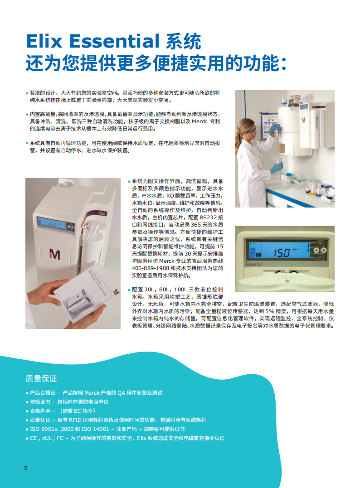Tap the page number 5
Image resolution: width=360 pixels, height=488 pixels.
point(25,468)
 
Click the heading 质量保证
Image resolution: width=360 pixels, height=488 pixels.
point(41,379)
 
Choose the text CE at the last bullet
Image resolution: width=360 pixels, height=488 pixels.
point(33,438)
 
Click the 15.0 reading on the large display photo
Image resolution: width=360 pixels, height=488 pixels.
point(282,253)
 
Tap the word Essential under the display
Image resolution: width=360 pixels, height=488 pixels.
point(254,265)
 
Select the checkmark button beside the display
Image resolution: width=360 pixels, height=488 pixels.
point(320,257)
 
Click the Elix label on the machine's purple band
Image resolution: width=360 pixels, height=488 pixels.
point(102,213)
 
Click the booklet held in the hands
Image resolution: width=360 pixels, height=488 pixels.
point(87,294)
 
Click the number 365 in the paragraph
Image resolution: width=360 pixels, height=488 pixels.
point(196,225)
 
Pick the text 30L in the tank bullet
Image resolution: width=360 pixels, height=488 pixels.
point(150,290)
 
